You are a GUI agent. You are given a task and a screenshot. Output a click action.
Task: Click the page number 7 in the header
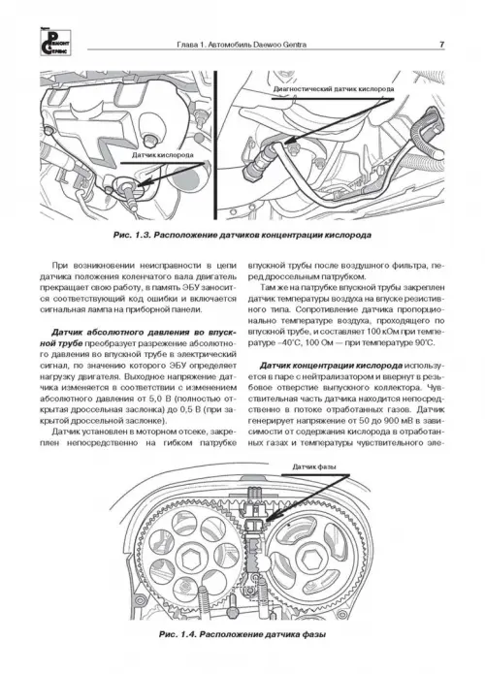tap(441, 45)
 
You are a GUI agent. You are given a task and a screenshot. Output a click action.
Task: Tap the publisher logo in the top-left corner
tap(55, 42)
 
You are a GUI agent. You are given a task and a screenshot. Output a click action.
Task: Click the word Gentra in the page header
tap(295, 45)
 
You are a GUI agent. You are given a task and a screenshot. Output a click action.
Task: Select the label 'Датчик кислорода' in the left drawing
tap(163, 155)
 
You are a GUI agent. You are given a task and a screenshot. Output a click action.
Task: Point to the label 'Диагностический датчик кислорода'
tap(334, 89)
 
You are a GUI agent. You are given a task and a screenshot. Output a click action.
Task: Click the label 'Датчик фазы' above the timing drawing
tap(314, 466)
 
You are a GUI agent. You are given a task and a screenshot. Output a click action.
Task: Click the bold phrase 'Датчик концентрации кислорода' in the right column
tap(332, 366)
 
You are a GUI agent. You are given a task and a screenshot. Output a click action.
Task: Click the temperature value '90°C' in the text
tap(426, 342)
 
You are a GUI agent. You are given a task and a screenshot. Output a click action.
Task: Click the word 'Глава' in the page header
tap(186, 45)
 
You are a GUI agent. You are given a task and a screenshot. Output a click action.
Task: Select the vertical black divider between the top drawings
tap(215, 145)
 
